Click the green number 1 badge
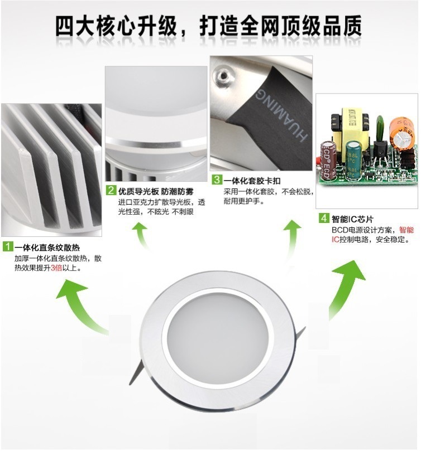coord(8,246)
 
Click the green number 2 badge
coord(111,191)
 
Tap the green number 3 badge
coord(217,180)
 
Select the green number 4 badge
coord(323,218)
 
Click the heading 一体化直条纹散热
coord(47,248)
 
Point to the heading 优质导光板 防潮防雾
coord(156,191)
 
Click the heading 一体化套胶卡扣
coord(252,181)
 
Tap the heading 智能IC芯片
coord(352,219)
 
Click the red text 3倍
coord(56,268)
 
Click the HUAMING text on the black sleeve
coord(281,115)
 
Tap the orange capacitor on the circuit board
coord(402,133)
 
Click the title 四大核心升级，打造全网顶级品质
coord(209,26)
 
